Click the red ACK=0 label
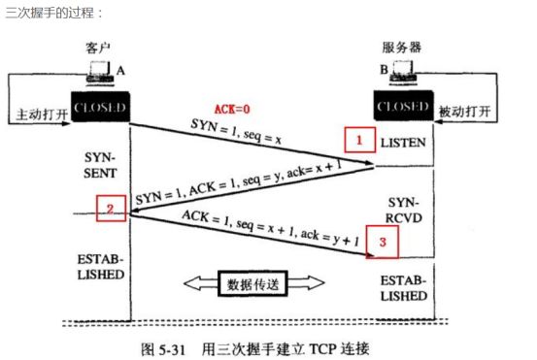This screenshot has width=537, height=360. [x=232, y=109]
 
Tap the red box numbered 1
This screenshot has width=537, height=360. [x=359, y=140]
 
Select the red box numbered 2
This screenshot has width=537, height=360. [x=111, y=209]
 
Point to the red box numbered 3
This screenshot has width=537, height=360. [x=383, y=242]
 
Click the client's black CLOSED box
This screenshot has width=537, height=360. [x=100, y=107]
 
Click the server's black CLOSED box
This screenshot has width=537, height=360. [x=403, y=106]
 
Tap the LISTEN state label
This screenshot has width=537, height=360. [x=403, y=143]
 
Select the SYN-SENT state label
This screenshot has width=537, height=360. [x=100, y=165]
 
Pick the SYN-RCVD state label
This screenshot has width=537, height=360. [x=404, y=211]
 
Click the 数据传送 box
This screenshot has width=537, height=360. [x=252, y=283]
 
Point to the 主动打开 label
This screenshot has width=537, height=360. [x=42, y=115]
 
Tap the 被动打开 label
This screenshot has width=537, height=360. [x=465, y=112]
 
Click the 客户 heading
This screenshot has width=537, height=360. [x=98, y=48]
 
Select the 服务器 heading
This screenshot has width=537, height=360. [x=402, y=48]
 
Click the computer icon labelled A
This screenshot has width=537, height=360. [x=100, y=72]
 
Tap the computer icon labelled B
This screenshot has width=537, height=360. [x=403, y=71]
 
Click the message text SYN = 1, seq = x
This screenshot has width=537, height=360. [x=236, y=132]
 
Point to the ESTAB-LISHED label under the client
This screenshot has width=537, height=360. [x=100, y=267]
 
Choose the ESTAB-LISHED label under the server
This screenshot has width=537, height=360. [x=404, y=288]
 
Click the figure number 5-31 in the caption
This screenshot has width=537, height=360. [x=172, y=349]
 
